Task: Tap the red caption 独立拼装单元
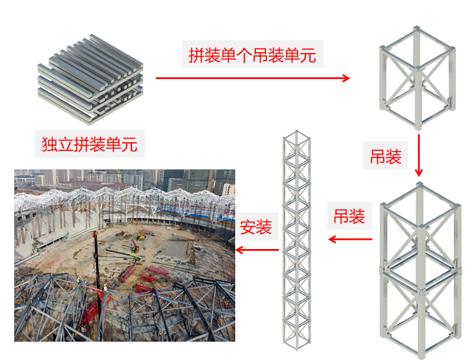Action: click(90, 144)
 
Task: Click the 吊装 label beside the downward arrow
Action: click(386, 157)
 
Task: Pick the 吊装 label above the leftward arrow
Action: click(350, 216)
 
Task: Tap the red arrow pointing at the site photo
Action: click(257, 250)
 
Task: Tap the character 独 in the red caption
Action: click(50, 144)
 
